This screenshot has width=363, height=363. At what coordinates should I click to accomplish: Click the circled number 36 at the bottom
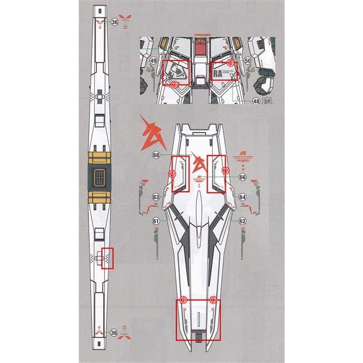point(115,333)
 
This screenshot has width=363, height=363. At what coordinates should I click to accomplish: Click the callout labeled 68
point(156,155)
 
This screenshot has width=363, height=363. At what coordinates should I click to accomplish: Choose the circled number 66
point(242,178)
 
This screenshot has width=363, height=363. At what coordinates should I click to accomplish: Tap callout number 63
point(156,197)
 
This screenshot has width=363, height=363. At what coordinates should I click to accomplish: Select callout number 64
point(242,197)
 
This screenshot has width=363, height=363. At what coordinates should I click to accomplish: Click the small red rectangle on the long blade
point(107,259)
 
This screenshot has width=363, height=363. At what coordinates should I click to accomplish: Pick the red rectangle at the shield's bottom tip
point(197,320)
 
